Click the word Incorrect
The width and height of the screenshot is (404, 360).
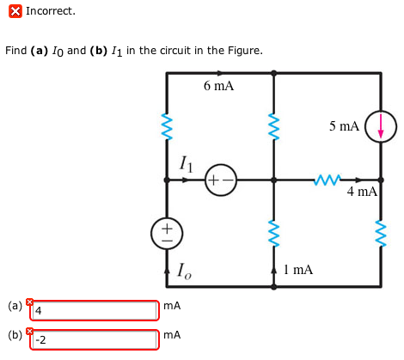point(51,11)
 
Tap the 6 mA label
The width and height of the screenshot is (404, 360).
point(218,86)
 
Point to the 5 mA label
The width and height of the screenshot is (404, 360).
point(344,126)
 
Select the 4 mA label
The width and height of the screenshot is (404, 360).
point(362,192)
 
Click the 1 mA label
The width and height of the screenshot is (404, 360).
point(297,270)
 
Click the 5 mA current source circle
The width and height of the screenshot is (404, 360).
point(380,126)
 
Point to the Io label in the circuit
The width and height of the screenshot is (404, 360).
point(184,270)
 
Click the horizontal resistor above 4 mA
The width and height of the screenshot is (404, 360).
point(327,180)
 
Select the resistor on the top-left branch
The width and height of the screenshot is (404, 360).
point(167,126)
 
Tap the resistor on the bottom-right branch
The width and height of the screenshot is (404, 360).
point(380,230)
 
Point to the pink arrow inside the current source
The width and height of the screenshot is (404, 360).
point(380,126)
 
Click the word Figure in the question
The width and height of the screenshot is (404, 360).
point(243,51)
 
